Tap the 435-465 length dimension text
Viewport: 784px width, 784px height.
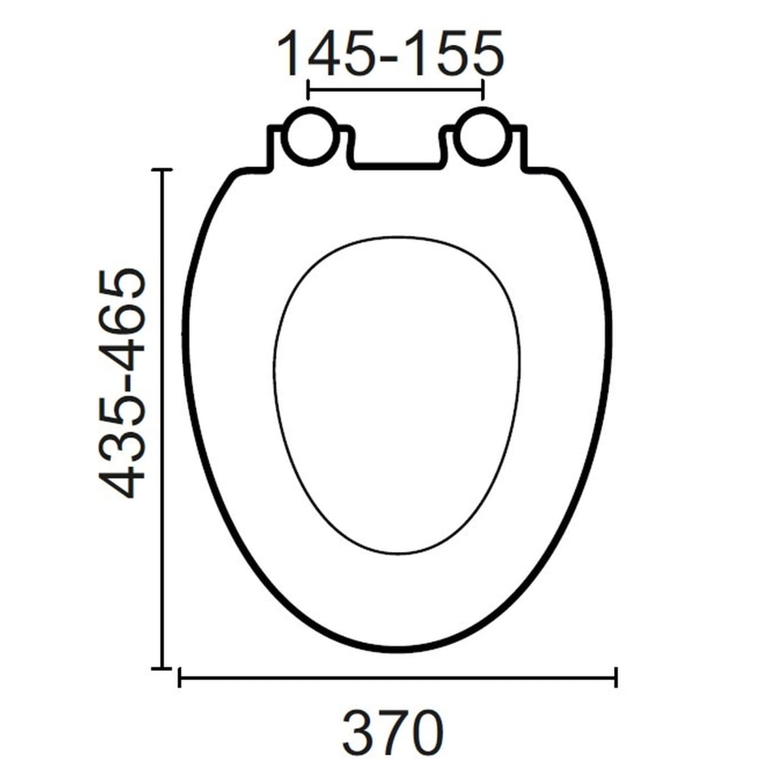click(x=122, y=384)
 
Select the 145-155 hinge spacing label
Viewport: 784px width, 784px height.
click(x=391, y=54)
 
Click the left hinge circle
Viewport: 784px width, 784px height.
click(x=310, y=137)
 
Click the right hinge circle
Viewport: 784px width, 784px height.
click(x=483, y=137)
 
